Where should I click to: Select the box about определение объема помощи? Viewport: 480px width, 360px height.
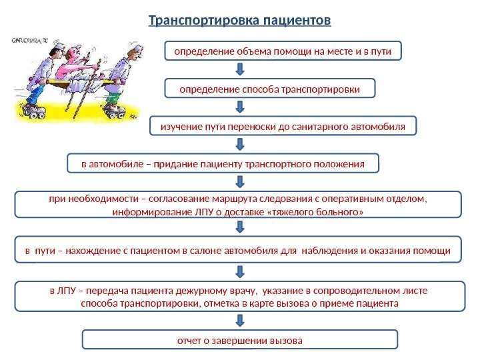pyautogui.click(x=283, y=51)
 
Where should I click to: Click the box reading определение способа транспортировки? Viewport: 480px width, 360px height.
pyautogui.click(x=270, y=88)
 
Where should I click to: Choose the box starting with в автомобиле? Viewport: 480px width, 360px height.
pyautogui.click(x=223, y=163)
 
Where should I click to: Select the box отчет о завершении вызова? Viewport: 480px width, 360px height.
pyautogui.click(x=239, y=340)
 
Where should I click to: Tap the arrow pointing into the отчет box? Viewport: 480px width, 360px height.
pyautogui.click(x=240, y=319)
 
